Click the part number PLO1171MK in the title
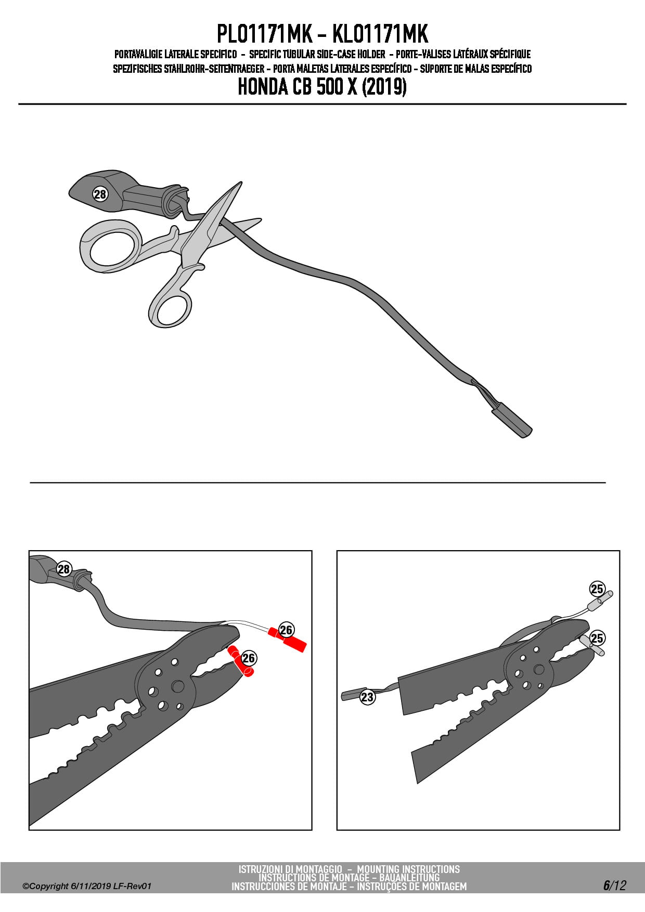[264, 34]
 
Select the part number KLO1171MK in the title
[380, 34]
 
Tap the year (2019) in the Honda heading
[384, 87]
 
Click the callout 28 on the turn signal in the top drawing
[100, 194]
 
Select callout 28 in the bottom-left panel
[64, 569]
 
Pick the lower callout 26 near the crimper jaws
[249, 658]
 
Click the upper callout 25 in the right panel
[597, 589]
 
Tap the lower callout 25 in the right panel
[597, 638]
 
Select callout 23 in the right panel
[368, 697]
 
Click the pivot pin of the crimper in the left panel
[178, 686]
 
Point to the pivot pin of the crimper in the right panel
[539, 670]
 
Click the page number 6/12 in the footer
[614, 885]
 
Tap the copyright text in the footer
[87, 886]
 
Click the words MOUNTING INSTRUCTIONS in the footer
[408, 869]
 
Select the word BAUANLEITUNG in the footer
[409, 878]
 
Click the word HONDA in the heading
[263, 87]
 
